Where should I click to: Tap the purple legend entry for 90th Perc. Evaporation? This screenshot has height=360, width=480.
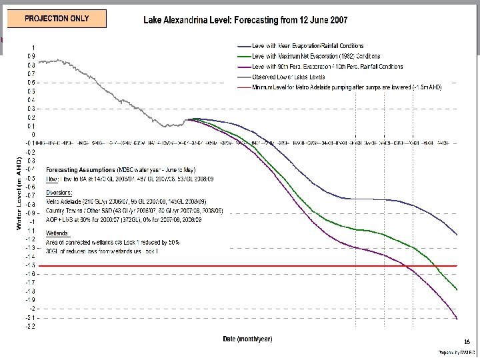[x=327, y=67]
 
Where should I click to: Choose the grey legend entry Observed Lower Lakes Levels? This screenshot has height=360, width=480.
[x=294, y=77]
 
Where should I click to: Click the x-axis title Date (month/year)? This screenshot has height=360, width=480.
[x=247, y=339]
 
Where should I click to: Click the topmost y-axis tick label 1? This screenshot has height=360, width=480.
[x=35, y=47]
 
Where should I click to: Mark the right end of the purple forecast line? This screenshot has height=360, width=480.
[x=457, y=319]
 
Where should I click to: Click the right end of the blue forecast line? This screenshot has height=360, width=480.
[x=457, y=235]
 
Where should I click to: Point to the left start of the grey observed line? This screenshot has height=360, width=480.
[x=39, y=62]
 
